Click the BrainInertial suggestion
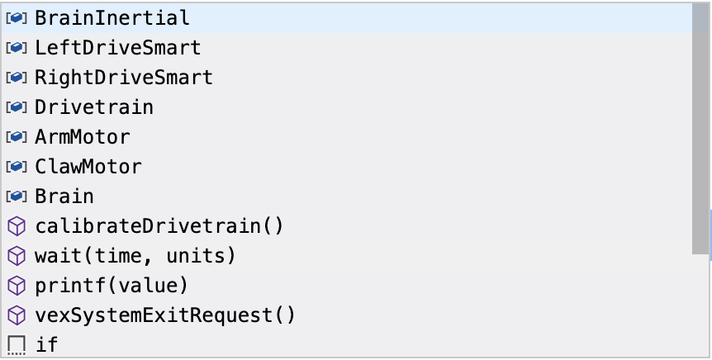[x=112, y=17]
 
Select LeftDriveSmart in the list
[x=117, y=47]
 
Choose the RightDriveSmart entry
[x=124, y=78]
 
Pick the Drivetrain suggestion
[x=94, y=107]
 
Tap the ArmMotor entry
[x=83, y=137]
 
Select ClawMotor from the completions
[x=88, y=167]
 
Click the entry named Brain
[x=64, y=197]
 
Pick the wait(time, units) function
[x=135, y=256]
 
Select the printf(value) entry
[x=112, y=286]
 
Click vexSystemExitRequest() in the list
[x=165, y=315]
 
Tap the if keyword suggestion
[x=47, y=344]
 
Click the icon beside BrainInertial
[x=17, y=17]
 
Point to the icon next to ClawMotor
[x=17, y=167]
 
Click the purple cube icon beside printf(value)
[x=17, y=286]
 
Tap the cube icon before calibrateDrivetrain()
[x=17, y=226]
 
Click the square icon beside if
[x=17, y=344]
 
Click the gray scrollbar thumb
[x=700, y=128]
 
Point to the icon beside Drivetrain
[x=17, y=107]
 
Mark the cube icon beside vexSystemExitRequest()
[x=17, y=315]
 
